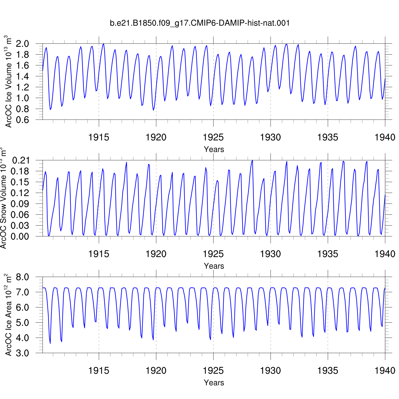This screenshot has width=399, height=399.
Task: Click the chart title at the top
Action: pyautogui.click(x=199, y=23)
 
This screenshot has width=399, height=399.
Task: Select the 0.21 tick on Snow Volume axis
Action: pyautogui.click(x=21, y=160)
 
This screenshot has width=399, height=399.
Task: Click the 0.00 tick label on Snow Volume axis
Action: pyautogui.click(x=21, y=236)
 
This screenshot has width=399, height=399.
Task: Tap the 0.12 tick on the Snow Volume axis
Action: pyautogui.click(x=21, y=193)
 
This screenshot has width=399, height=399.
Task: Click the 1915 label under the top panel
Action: pyautogui.click(x=99, y=137)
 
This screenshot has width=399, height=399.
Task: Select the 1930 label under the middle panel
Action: pyautogui.click(x=271, y=254)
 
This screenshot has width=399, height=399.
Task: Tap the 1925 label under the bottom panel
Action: pyautogui.click(x=213, y=371)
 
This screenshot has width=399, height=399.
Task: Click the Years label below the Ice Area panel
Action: pyautogui.click(x=214, y=383)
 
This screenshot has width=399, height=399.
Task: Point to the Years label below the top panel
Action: pyautogui.click(x=214, y=149)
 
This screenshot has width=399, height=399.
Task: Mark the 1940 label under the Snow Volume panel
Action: pyautogui.click(x=385, y=254)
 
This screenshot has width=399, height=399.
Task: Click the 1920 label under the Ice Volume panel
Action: pyautogui.click(x=156, y=137)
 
